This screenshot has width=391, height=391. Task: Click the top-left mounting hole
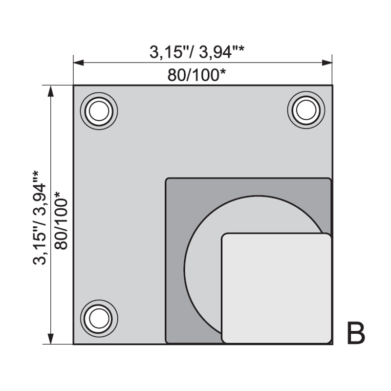pyautogui.click(x=99, y=111)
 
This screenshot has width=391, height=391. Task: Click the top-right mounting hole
pyautogui.click(x=306, y=110)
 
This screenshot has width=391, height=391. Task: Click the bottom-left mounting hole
pyautogui.click(x=99, y=319)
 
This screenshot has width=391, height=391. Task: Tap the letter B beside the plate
pyautogui.click(x=356, y=333)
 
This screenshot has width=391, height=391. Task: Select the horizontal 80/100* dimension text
pyautogui.click(x=196, y=75)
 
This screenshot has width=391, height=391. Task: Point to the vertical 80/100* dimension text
pyautogui.click(x=61, y=220)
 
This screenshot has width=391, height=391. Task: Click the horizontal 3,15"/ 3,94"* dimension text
pyautogui.click(x=197, y=52)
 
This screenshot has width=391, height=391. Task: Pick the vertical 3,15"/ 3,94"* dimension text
pyautogui.click(x=40, y=217)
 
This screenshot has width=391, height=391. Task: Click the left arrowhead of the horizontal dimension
pyautogui.click(x=79, y=63)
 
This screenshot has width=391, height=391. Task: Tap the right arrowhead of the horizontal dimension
pyautogui.click(x=327, y=63)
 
